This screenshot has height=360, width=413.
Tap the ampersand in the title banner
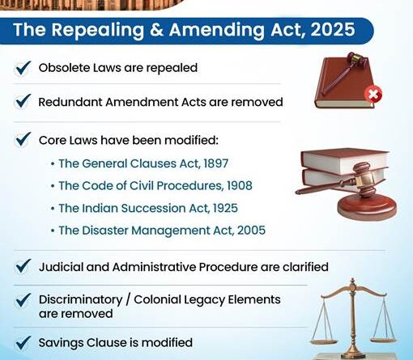point(156,29)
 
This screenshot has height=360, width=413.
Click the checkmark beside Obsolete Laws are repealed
point(23,68)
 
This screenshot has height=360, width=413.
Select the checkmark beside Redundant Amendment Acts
point(23,101)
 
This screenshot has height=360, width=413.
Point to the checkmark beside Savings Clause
point(23,343)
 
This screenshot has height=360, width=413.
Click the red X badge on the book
point(373,95)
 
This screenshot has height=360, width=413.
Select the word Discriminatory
point(80,300)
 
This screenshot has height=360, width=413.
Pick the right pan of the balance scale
point(383,338)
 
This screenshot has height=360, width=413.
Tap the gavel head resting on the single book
point(357,59)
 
